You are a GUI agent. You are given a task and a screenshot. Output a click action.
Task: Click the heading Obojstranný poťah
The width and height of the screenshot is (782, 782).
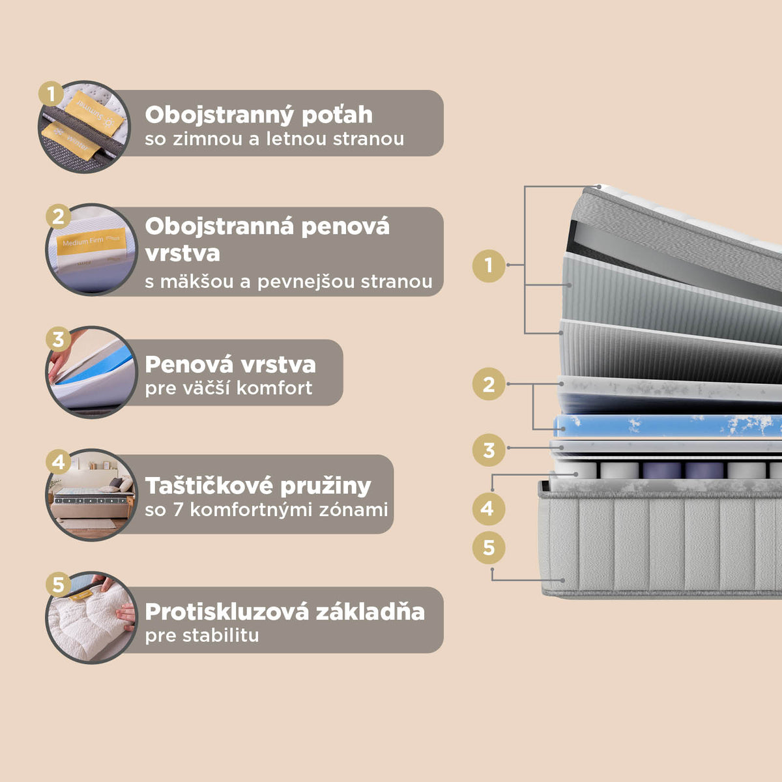click(x=259, y=115)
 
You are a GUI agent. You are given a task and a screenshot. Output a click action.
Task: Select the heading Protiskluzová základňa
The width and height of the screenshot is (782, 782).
click(x=285, y=612)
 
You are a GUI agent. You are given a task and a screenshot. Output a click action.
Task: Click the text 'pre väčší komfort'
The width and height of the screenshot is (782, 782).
click(x=229, y=388)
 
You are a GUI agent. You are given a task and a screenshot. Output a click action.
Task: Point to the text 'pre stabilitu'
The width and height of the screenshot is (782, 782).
click(x=202, y=635)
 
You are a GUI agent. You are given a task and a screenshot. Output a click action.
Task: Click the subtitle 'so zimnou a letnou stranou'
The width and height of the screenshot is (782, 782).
click(x=274, y=139)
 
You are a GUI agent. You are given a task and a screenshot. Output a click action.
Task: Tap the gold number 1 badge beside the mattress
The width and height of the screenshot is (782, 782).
click(x=489, y=265)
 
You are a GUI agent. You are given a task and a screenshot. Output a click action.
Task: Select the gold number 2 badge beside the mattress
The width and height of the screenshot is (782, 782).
click(x=489, y=384)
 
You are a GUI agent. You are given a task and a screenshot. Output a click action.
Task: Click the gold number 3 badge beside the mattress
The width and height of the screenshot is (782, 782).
click(x=489, y=450)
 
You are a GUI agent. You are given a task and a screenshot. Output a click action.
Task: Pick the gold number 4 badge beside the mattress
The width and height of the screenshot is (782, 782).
click(x=488, y=508)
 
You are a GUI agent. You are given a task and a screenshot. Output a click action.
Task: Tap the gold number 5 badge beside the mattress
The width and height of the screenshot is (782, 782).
click(x=489, y=547)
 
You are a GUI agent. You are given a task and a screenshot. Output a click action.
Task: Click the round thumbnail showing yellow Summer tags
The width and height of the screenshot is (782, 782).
click(x=85, y=127)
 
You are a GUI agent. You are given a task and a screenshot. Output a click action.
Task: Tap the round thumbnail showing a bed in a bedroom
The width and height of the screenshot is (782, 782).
click(x=92, y=495)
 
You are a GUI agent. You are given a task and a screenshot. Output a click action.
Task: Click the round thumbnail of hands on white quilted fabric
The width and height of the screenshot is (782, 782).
click(x=91, y=618)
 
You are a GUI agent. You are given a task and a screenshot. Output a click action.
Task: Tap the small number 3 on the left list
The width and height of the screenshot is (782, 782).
click(x=59, y=340)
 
